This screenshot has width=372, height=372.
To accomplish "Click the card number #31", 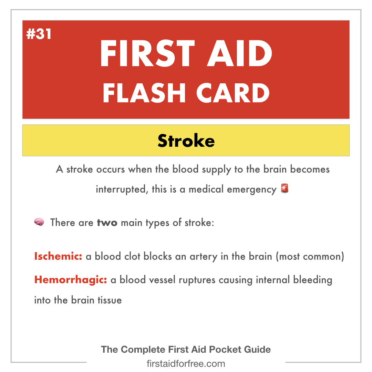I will click(39, 34).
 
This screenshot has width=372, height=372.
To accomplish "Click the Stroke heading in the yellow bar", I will click(186, 141).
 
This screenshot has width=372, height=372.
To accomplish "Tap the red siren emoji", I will click(285, 188).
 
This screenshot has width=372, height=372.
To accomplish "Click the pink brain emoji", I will click(39, 222).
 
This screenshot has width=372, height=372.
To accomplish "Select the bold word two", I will click(107, 223).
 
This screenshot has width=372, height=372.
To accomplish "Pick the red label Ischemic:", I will click(58, 257).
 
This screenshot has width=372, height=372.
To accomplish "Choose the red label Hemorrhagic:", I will click(71, 280).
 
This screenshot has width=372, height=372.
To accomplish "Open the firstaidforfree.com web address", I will click(186, 363).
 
